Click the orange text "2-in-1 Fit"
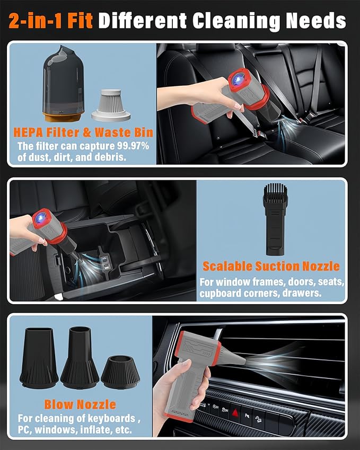(51, 21)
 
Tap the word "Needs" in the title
(316, 21)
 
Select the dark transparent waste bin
(63, 83)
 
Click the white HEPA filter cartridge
(111, 105)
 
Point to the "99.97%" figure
(133, 146)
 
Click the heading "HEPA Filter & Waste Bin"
(83, 133)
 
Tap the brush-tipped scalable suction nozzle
(275, 219)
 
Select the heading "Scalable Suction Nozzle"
(271, 266)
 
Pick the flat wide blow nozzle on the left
(39, 358)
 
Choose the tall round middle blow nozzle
(80, 358)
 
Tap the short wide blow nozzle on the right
(120, 372)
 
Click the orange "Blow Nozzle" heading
(80, 404)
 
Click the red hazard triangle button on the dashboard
(235, 413)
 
